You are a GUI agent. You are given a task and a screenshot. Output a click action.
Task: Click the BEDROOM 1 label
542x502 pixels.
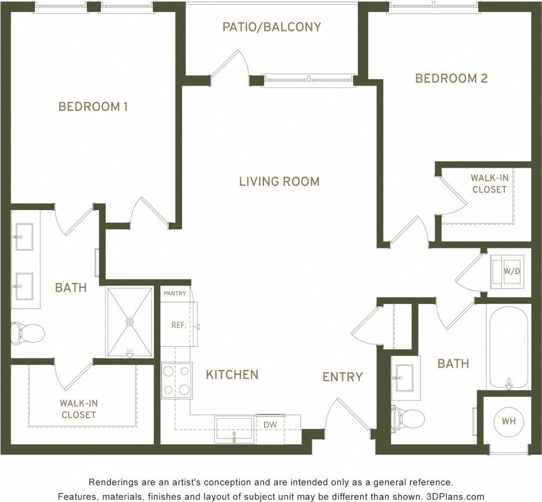[93, 107]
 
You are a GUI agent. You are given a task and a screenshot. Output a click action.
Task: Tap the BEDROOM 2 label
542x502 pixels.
[451, 78]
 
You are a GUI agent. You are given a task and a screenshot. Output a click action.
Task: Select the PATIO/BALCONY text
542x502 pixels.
[272, 27]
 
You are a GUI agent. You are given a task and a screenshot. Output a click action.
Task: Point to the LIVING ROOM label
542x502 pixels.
[279, 182]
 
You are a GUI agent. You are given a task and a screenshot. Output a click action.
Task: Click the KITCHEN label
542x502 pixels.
[232, 375]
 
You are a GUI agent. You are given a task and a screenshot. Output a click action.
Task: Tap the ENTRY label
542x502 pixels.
[342, 377]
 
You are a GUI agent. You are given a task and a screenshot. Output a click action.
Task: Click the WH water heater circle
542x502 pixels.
[509, 422]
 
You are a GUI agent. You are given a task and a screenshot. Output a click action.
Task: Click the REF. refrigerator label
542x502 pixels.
[178, 325]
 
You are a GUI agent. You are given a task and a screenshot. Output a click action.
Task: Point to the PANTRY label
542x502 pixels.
[175, 294]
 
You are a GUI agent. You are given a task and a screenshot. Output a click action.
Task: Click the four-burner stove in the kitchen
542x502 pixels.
[177, 380]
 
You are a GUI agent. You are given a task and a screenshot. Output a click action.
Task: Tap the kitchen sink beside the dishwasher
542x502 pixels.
[234, 428]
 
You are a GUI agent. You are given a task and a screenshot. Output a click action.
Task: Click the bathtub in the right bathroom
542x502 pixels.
[508, 347]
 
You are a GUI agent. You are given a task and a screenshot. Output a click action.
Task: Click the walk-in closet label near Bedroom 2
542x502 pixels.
[489, 184]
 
